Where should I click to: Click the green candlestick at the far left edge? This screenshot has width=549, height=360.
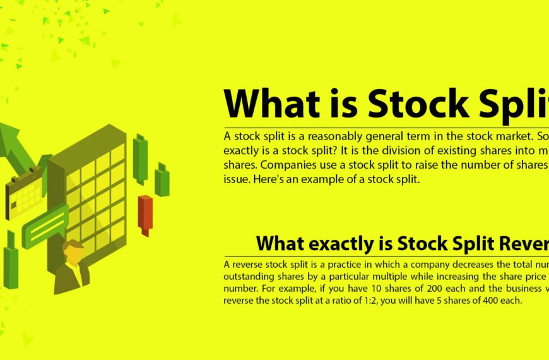(x=11, y=265)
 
